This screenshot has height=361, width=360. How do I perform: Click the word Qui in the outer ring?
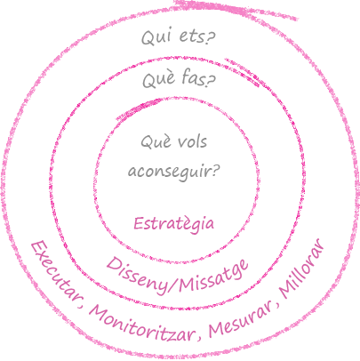coord(156,37)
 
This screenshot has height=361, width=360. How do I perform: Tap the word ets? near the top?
coord(197,36)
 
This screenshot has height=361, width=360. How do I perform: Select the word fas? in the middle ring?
coord(198,79)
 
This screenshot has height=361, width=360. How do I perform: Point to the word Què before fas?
coord(158,79)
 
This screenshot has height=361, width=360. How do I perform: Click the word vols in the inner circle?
coord(192,141)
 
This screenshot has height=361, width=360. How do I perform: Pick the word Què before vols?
coord(156,141)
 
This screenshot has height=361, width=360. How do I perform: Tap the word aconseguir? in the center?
coord(174,172)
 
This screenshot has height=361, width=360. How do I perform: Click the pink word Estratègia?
coord(173,224)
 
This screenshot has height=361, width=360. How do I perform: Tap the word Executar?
coord(52,272)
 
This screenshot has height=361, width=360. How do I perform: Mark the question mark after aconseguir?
coord(215,171)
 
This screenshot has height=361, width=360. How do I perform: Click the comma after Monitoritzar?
coord(199,337)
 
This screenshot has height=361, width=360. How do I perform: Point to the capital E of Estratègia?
coord(139,224)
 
